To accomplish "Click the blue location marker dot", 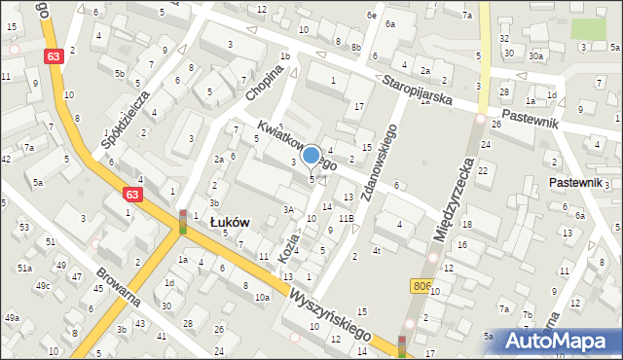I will (311, 154).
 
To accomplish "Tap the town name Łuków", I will (231, 222).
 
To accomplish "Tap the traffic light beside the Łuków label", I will (182, 222).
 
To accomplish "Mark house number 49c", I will (43, 285).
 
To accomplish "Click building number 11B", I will (346, 219).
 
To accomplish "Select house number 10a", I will (262, 297).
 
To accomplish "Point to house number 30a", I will (535, 55).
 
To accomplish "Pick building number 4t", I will (376, 251).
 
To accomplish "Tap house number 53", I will (24, 227).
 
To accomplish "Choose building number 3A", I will (288, 209).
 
